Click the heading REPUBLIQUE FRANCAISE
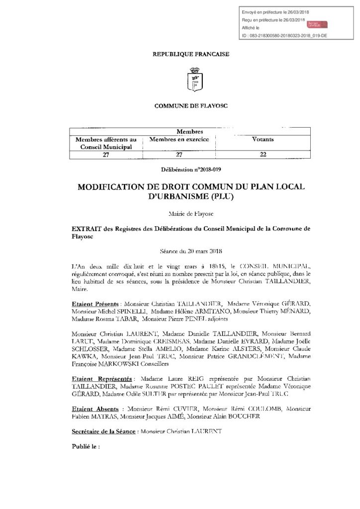pos(190,54)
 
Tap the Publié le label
pos(86,446)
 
